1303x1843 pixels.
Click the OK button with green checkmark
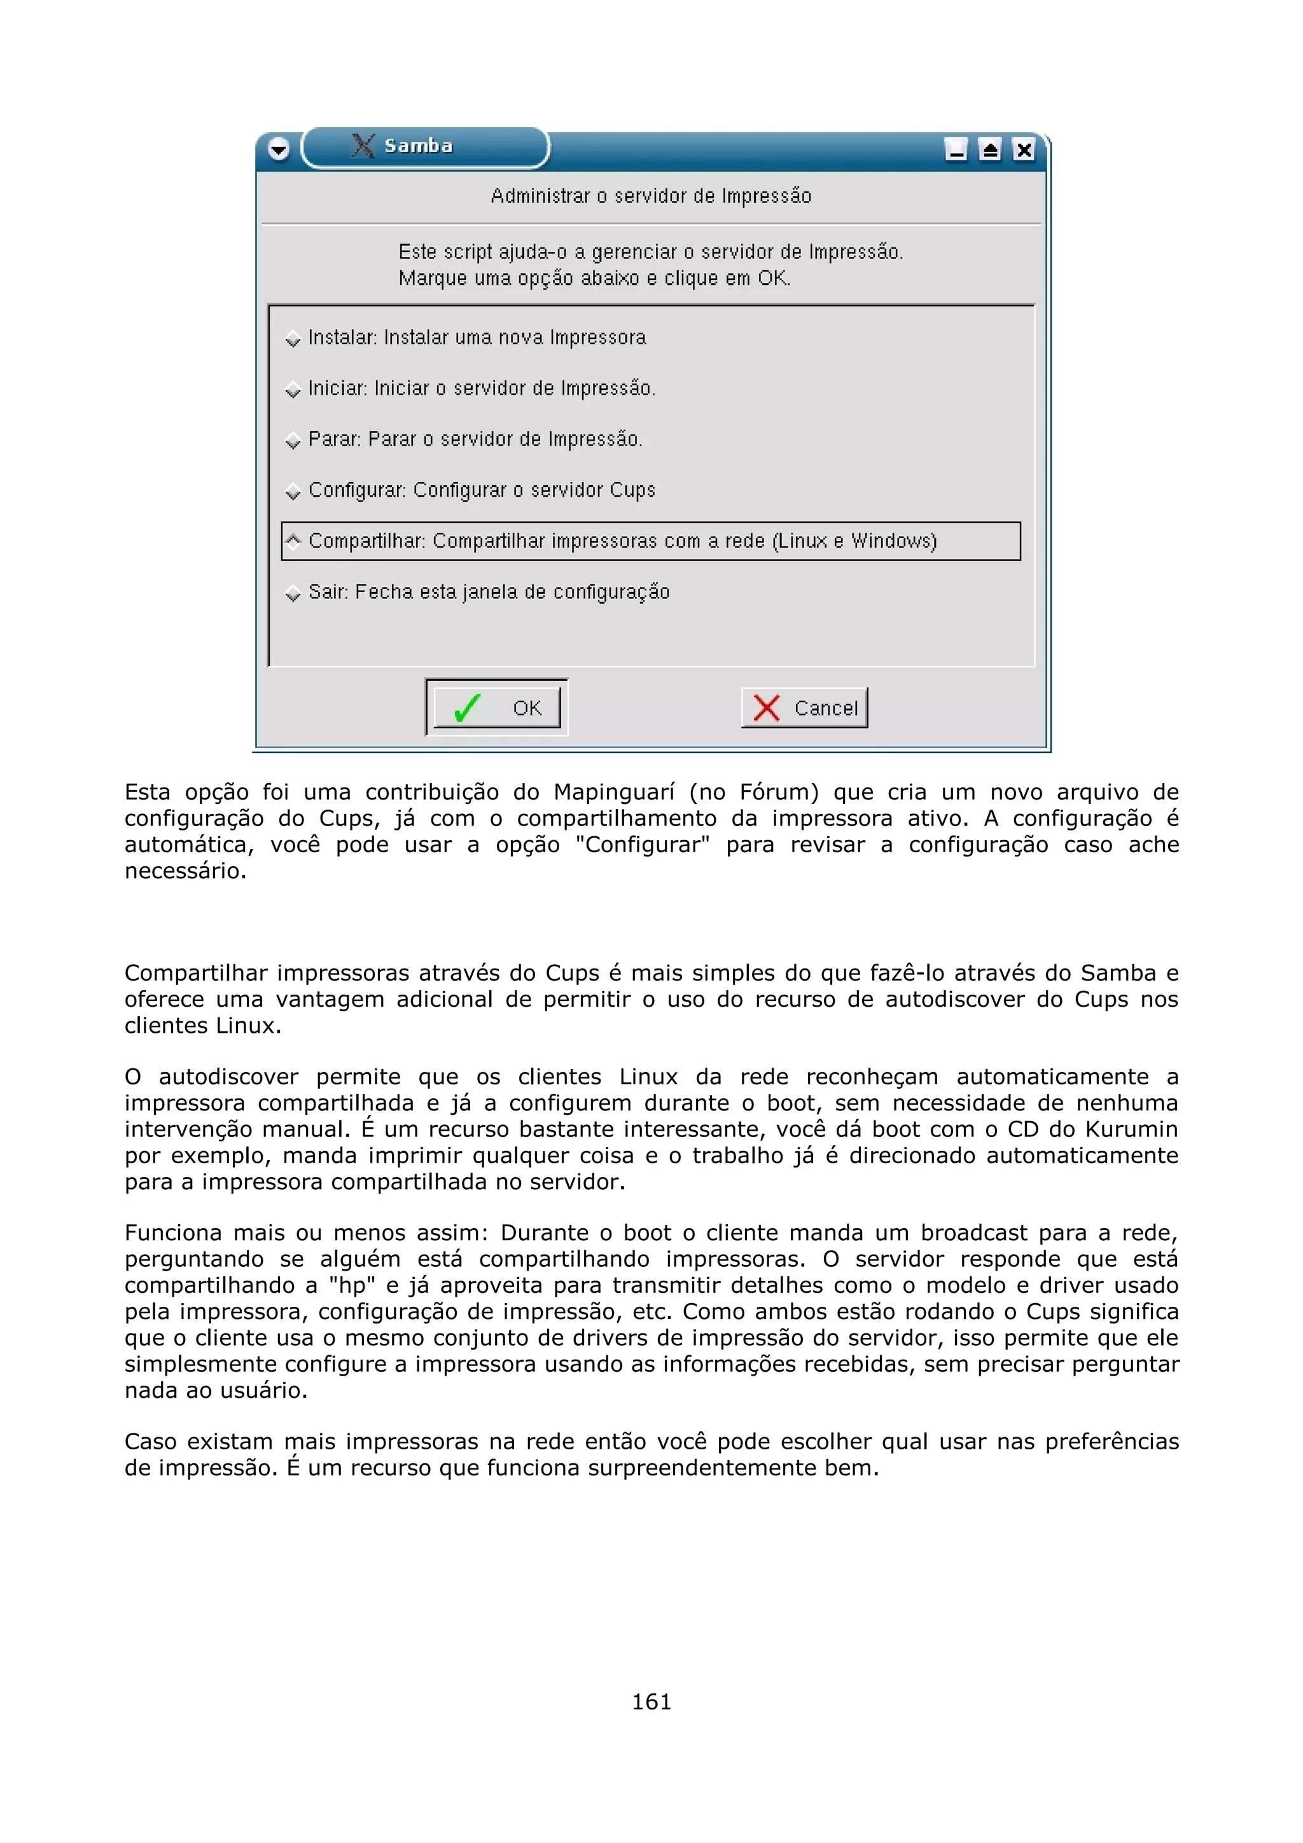(496, 707)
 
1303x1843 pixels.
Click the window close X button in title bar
(1024, 150)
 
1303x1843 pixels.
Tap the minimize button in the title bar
(956, 150)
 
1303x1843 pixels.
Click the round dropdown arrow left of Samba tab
(279, 149)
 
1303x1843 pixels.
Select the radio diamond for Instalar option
(293, 339)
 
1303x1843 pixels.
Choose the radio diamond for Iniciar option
(293, 390)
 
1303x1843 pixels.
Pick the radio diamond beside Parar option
(293, 441)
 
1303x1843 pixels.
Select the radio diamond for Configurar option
(293, 491)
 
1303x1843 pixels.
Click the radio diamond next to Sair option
(293, 593)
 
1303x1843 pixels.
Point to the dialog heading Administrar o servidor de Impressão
(651, 196)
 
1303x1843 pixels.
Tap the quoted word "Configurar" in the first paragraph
(642, 845)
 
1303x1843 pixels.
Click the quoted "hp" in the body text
(352, 1285)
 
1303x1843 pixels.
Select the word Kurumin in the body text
(1131, 1129)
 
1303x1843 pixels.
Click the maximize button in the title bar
(990, 150)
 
